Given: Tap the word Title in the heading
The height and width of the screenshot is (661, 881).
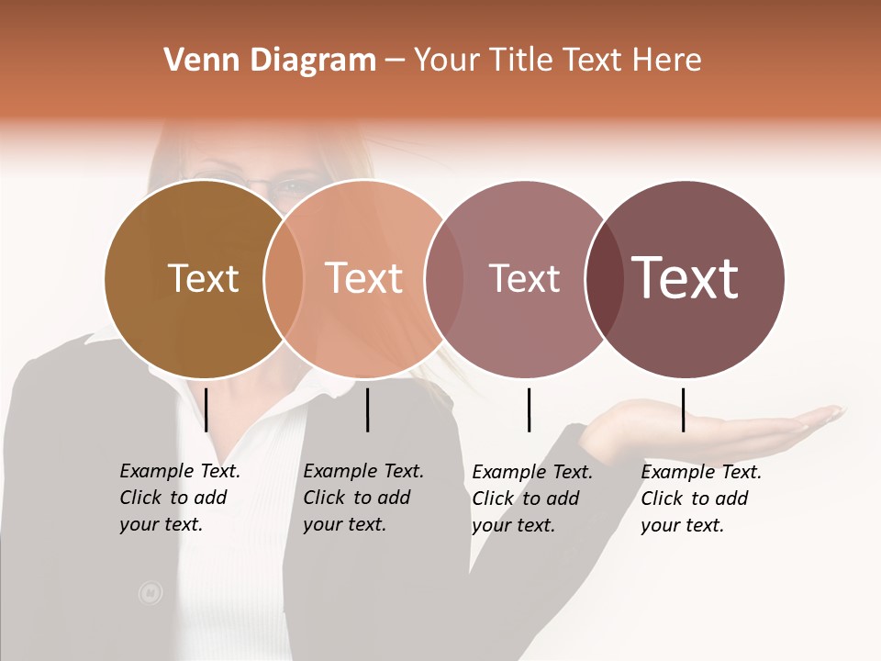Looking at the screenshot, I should (520, 61).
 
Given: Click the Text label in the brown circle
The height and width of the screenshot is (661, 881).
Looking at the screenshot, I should (203, 278).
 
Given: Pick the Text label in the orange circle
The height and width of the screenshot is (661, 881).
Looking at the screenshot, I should (363, 278).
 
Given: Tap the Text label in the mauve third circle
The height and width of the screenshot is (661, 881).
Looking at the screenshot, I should (524, 278).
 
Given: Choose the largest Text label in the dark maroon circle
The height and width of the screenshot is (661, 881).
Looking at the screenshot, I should (686, 278).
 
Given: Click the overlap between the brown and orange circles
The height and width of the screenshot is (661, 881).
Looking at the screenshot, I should (284, 279).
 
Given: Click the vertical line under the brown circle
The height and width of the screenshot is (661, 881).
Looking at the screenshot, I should (206, 409).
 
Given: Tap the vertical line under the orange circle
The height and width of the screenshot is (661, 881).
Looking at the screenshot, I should (367, 409).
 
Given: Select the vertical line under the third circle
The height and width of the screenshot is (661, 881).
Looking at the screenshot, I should (529, 409).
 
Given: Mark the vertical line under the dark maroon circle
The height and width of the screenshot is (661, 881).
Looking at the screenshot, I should (683, 409).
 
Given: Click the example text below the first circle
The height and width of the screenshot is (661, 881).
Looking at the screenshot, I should (180, 498).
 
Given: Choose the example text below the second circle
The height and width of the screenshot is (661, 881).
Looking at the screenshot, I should (363, 498).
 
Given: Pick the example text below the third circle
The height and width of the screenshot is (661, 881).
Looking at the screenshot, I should (532, 499).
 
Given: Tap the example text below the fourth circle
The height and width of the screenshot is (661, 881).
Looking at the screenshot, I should (701, 499).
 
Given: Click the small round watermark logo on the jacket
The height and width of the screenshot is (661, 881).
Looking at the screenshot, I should (150, 593).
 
